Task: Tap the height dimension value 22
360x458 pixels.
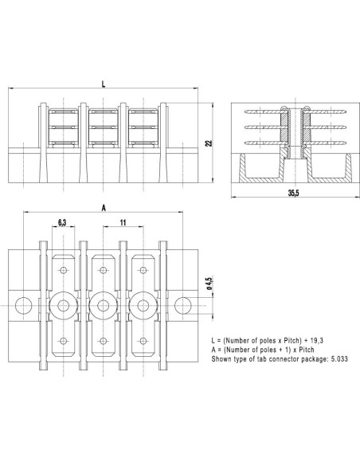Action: (208, 143)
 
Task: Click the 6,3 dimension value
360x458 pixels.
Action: (62, 223)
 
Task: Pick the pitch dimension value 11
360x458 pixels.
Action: (123, 223)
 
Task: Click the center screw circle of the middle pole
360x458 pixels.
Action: (103, 303)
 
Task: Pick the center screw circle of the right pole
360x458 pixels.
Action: (143, 303)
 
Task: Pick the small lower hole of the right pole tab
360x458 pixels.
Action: (143, 340)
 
